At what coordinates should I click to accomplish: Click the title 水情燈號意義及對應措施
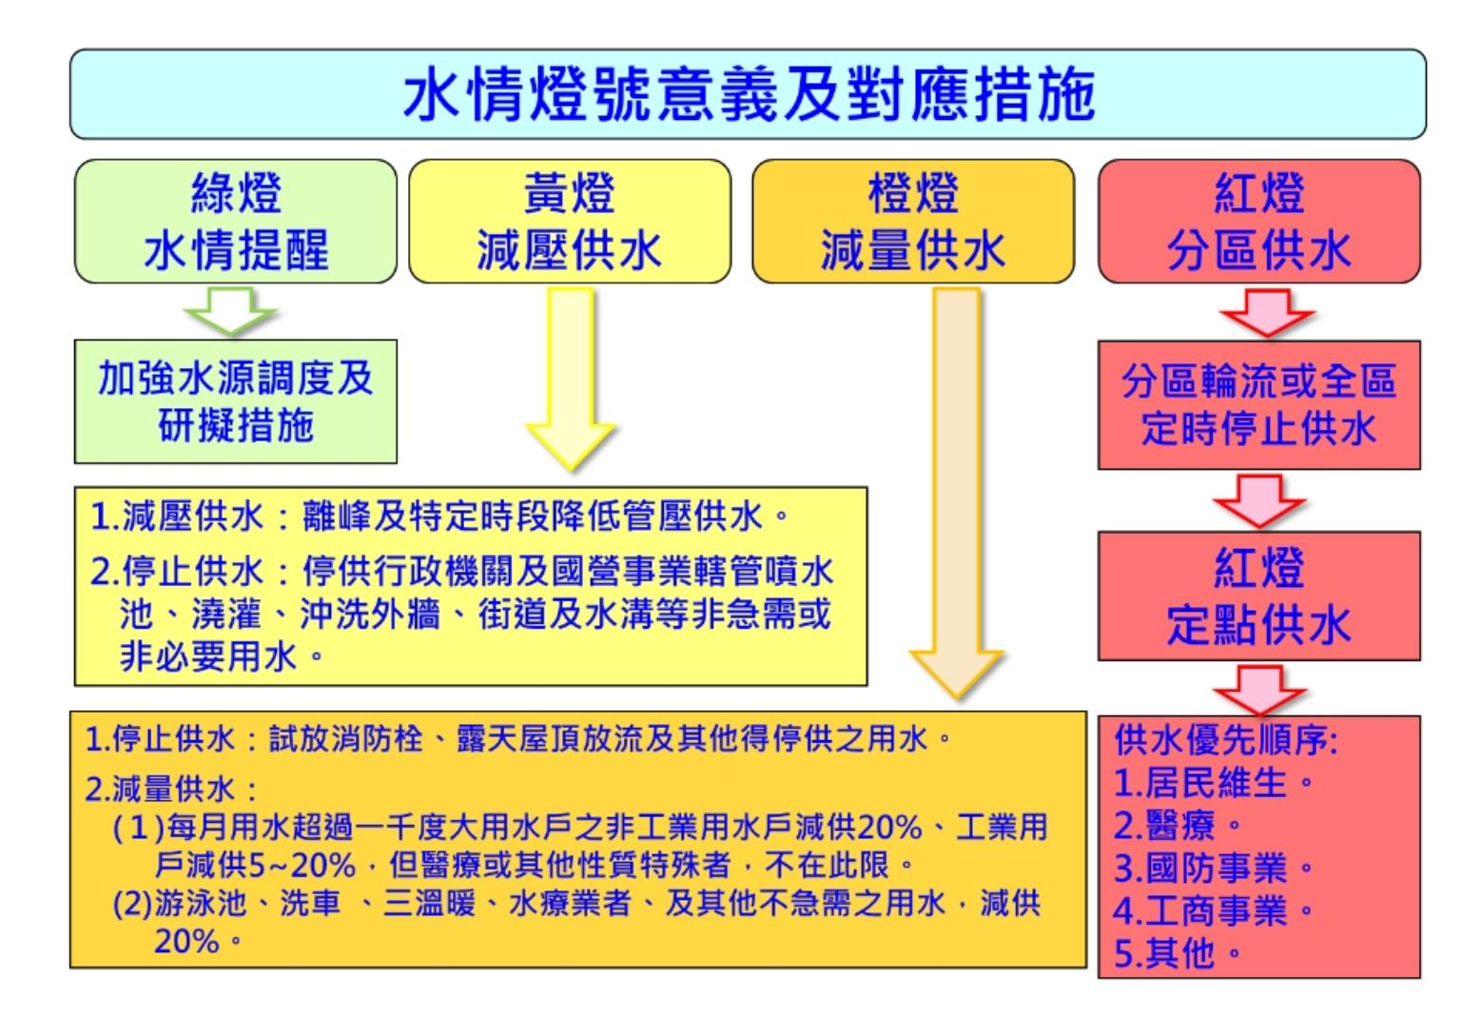pos(749,95)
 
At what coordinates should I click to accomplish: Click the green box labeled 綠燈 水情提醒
pos(236,222)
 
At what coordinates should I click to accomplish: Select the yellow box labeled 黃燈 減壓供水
pos(570,222)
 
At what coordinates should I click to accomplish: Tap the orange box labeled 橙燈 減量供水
pos(913,222)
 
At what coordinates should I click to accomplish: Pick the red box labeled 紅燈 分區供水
pos(1258,222)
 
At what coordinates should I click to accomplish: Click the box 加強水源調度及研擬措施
pos(236,401)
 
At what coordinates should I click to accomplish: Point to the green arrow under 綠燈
pos(231,311)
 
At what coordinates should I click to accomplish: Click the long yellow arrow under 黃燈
pos(571,381)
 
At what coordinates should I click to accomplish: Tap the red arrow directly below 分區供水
pos(1259,312)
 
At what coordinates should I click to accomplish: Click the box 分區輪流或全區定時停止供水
pos(1258,404)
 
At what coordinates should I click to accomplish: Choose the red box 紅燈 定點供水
pos(1258,597)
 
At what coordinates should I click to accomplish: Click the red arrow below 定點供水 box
pos(1259,688)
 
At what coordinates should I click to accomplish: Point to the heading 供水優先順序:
pos(1225,740)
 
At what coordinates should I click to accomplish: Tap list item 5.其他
pos(1176,951)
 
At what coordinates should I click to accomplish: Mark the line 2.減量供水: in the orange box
pos(171,789)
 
